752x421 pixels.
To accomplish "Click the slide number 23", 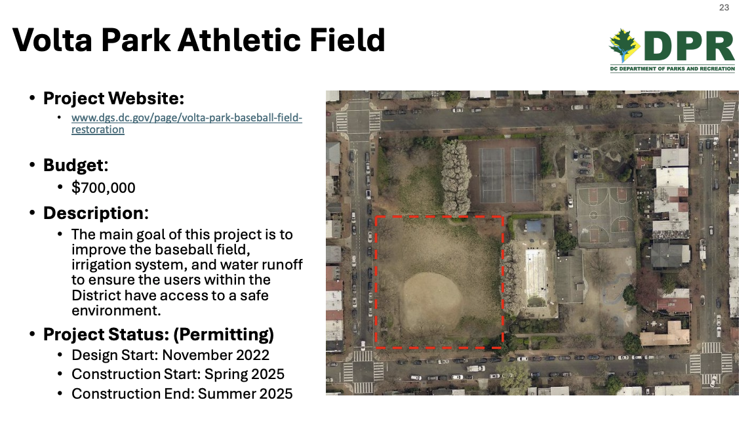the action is point(724,8).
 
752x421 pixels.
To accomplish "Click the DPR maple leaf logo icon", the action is point(624,46).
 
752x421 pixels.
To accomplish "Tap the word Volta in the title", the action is point(52,40).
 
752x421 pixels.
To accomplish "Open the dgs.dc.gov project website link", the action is point(187,123).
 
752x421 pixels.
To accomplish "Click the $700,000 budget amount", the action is point(104,188).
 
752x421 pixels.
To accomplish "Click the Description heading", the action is point(96,213).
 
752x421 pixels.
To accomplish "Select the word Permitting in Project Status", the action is point(224,334).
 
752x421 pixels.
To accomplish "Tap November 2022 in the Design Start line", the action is point(216,355).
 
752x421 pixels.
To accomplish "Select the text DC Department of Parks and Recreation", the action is point(673,69).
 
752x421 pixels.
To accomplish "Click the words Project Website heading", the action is point(113,98).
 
